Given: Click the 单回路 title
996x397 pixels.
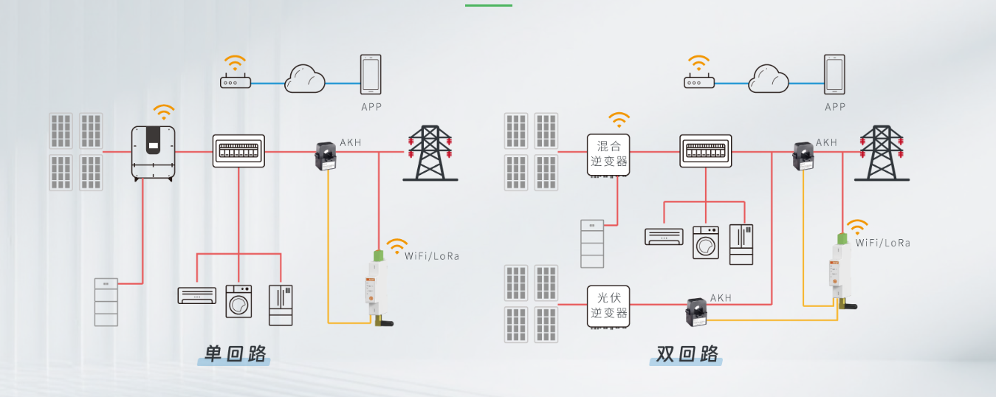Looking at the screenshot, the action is point(235,354).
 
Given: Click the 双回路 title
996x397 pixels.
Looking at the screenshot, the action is point(687,354).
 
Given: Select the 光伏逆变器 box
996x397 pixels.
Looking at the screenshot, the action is point(608,305).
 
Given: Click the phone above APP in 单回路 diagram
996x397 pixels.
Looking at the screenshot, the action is point(371,75).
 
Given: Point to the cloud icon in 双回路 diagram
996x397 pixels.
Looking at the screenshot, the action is point(769,79).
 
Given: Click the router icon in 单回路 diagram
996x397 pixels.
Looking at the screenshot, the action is point(236,82).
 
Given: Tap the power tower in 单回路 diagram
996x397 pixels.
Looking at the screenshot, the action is point(430,153).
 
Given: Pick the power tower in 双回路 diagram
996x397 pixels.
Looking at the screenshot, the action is point(882,153).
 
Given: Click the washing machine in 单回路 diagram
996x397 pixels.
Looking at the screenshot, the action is point(238,301).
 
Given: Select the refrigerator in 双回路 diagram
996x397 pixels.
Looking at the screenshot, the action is point(741,244).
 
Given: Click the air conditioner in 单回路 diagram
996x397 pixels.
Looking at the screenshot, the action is point(197,296).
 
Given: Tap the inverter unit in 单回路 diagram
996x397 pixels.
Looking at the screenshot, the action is point(153,153).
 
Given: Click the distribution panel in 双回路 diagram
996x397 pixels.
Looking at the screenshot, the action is point(706,151).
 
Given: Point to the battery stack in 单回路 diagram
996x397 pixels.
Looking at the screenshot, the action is point(106,303).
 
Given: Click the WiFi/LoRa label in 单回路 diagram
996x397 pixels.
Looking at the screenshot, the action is point(432,256).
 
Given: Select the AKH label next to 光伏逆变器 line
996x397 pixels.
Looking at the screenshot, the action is point(721,298).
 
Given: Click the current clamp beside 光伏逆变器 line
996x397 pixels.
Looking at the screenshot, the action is point(696,312).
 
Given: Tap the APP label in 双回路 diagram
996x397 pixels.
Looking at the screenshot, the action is point(835,107).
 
